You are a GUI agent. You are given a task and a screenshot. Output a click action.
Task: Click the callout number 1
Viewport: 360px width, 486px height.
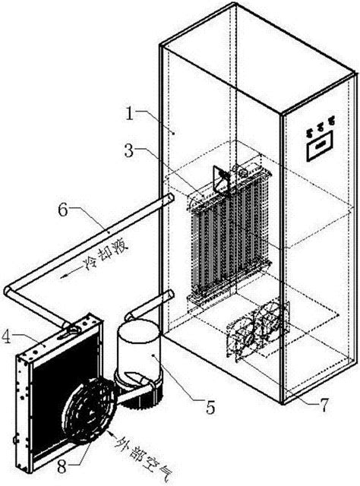pos(130,113)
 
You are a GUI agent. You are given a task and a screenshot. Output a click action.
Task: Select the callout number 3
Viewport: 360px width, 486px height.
pos(129,152)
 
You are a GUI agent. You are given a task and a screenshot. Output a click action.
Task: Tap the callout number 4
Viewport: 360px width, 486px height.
pos(7,337)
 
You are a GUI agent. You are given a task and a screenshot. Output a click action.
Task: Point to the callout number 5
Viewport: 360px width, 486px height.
pos(210,407)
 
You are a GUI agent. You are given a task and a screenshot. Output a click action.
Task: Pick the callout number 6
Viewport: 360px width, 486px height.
pos(63,211)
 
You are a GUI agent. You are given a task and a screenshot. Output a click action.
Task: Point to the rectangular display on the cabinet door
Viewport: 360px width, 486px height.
pos(320,145)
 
